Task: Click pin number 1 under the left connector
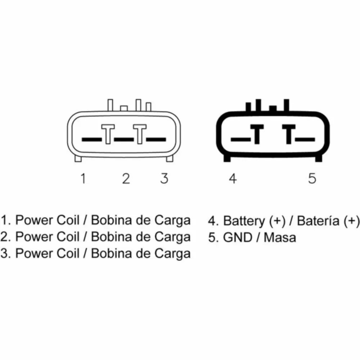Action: click(x=84, y=179)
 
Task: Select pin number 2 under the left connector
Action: click(x=126, y=179)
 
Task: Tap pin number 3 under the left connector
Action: click(x=164, y=179)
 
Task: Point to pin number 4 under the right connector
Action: click(x=233, y=179)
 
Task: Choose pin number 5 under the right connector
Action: click(x=312, y=179)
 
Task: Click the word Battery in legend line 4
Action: click(x=244, y=221)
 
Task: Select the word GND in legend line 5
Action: click(x=238, y=237)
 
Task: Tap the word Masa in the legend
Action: click(x=280, y=237)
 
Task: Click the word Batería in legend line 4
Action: click(x=318, y=221)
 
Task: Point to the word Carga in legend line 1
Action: click(x=172, y=221)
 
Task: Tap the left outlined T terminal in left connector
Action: click(x=108, y=134)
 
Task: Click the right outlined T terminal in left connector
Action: click(x=140, y=134)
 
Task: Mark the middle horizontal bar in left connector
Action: click(x=124, y=139)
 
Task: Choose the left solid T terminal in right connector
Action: click(x=257, y=134)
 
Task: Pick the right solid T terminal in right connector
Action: click(x=289, y=134)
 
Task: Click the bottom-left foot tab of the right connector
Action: click(x=227, y=158)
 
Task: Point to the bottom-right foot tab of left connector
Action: click(x=170, y=158)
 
